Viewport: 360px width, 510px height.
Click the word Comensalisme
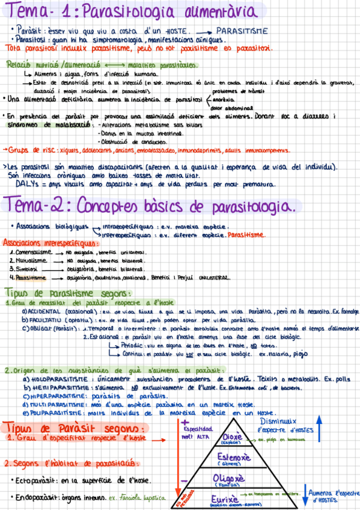[34, 252]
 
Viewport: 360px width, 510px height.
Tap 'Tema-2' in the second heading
[39, 206]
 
